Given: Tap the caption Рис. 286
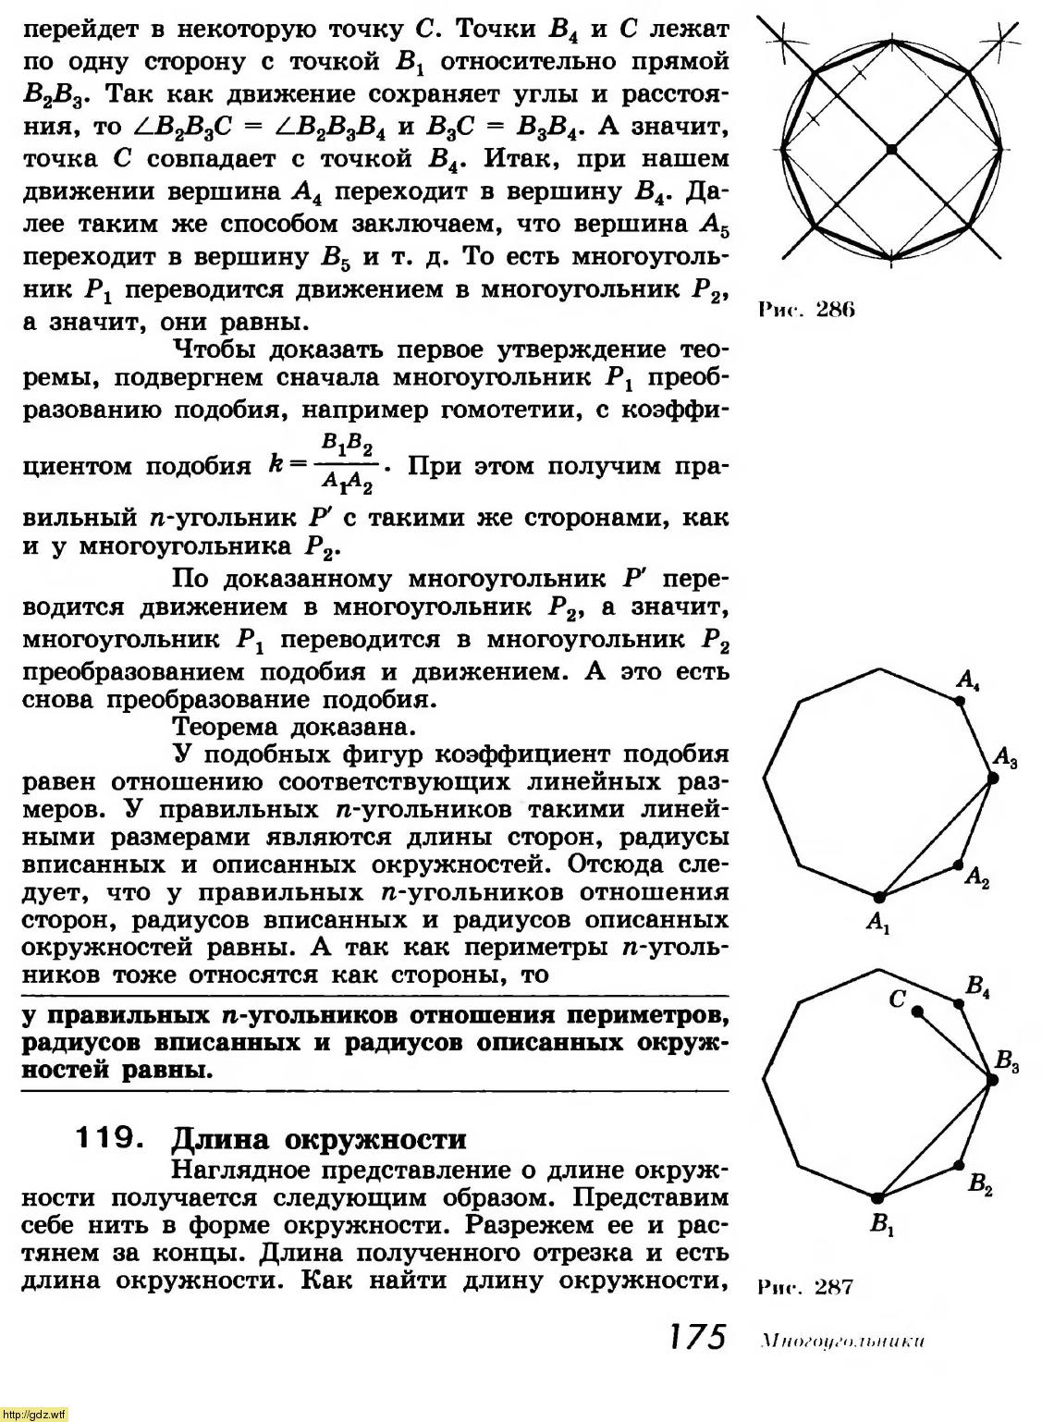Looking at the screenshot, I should pyautogui.click(x=805, y=310).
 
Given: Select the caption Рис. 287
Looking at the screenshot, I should pyautogui.click(x=804, y=1287).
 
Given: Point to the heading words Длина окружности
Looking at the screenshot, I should pyautogui.click(x=320, y=1138).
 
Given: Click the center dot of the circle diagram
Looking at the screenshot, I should pyautogui.click(x=890, y=149).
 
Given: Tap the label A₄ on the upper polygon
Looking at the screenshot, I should pyautogui.click(x=968, y=682).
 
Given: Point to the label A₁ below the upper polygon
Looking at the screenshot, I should pyautogui.click(x=877, y=922).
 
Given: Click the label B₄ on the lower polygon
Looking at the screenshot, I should pyautogui.click(x=978, y=987).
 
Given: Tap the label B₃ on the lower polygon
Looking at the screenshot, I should pyautogui.click(x=1007, y=1064).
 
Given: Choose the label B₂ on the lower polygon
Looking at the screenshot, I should pyautogui.click(x=981, y=1184).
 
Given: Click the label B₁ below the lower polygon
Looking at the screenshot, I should pyautogui.click(x=881, y=1227).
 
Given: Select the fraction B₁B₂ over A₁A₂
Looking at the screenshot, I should pyautogui.click(x=348, y=464).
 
